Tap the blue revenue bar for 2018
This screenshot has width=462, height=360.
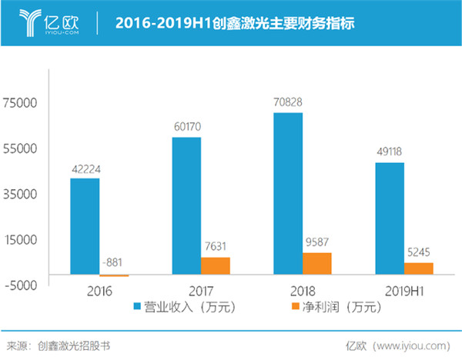[287, 193]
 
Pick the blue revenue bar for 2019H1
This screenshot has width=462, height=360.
[389, 218]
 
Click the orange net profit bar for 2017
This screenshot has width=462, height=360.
[216, 265]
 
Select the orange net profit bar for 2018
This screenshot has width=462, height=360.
[316, 263]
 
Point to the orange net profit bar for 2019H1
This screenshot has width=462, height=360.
[418, 268]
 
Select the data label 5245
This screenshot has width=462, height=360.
[418, 252]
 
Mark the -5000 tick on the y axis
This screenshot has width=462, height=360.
[21, 284]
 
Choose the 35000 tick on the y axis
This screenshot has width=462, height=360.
[21, 193]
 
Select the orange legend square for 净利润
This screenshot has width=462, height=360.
[293, 307]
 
